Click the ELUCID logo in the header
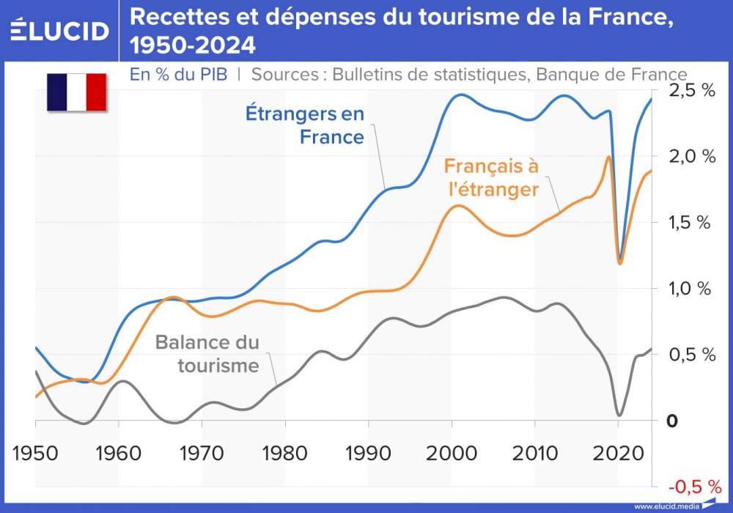[x=60, y=30]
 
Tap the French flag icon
[x=77, y=92]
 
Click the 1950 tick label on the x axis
[x=34, y=451]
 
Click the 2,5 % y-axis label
[x=691, y=92]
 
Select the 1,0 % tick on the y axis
[x=691, y=289]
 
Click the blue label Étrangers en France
[x=304, y=125]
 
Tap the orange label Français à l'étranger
[x=490, y=177]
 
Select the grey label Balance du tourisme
[x=207, y=354]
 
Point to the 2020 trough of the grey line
[x=619, y=415]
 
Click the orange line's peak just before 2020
[x=608, y=157]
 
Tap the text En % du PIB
[x=178, y=75]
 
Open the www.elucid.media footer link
[x=666, y=506]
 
